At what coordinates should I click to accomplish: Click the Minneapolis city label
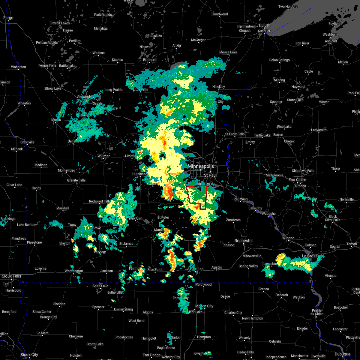[x=201, y=166]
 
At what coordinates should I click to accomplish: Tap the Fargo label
[x=8, y=18]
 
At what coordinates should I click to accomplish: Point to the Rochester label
[x=244, y=241]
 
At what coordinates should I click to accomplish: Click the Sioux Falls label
[x=11, y=276]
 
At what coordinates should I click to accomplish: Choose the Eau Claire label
[x=297, y=180]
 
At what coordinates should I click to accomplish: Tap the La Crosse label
[x=310, y=256]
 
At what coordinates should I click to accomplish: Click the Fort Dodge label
[x=151, y=355]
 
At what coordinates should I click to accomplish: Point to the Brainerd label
[x=150, y=60]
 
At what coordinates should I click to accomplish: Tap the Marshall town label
[x=63, y=208]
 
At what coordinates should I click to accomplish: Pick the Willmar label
[x=104, y=156]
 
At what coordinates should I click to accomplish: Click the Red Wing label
[x=241, y=199]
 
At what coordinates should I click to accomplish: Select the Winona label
[x=288, y=238]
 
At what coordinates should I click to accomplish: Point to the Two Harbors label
[x=288, y=7]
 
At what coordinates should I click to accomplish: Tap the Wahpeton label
[x=19, y=67]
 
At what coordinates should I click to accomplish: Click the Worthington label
[x=74, y=271]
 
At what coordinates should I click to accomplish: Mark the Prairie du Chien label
[x=317, y=312]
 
